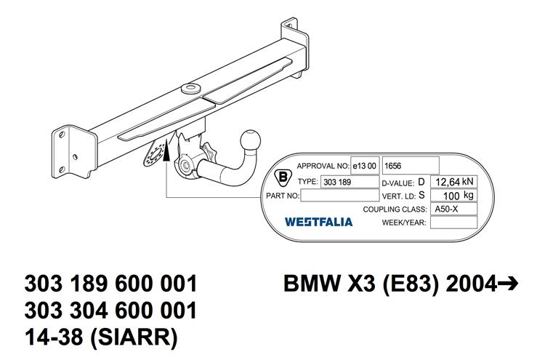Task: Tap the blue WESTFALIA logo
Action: pos(318,222)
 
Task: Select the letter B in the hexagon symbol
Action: pos(283,177)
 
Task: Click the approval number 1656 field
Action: pos(411,166)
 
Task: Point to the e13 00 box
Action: pos(365,166)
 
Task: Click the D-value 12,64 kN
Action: pos(453,182)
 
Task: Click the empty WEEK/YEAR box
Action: pos(453,223)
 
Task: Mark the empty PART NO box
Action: pos(339,195)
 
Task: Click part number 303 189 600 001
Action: pos(111,284)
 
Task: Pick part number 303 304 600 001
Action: pos(111,311)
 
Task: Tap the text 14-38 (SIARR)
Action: pos(101,337)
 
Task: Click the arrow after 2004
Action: pos(508,284)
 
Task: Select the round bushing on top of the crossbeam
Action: pos(190,88)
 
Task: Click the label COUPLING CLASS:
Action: pos(395,209)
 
